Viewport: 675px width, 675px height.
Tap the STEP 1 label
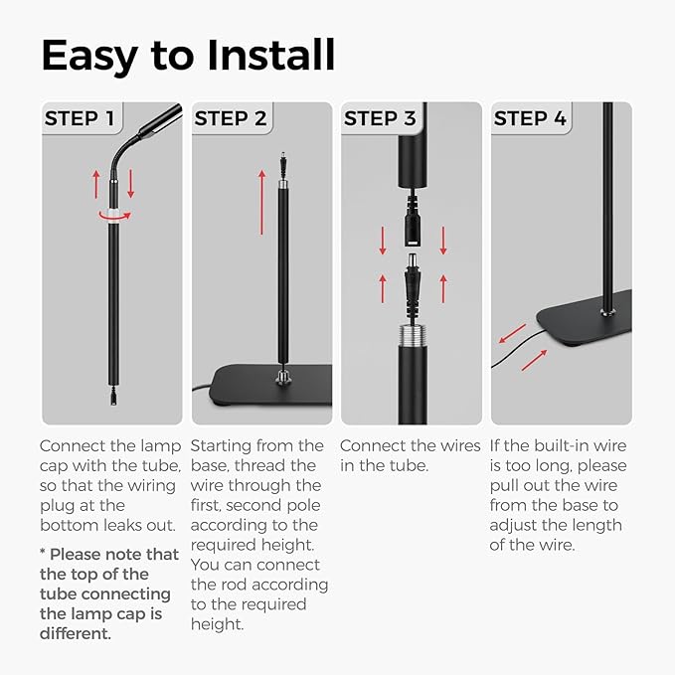tap(81, 119)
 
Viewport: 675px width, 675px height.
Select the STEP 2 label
tap(230, 119)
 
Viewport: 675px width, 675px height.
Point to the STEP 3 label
tap(380, 119)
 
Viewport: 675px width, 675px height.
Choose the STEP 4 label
tap(530, 119)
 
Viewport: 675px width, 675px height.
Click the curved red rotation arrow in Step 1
tap(112, 213)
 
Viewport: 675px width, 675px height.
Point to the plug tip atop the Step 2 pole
tap(283, 159)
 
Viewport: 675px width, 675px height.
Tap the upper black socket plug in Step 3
tap(412, 231)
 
